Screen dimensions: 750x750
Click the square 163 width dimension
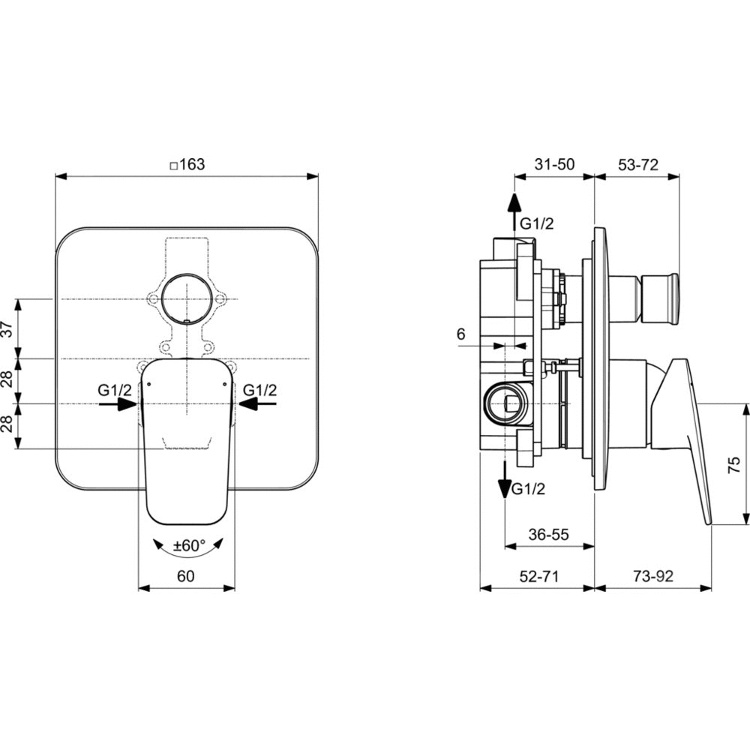[187, 164]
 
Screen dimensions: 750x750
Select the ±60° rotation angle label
[189, 545]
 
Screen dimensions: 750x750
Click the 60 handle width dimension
[185, 576]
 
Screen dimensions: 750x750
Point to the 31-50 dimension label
[554, 164]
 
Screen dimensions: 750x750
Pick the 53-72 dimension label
[638, 164]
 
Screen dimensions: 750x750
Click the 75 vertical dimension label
[733, 464]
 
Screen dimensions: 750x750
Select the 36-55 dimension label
[549, 534]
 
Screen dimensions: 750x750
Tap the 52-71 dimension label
[539, 576]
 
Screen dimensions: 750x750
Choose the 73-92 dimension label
[653, 576]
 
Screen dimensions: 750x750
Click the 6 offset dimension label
[460, 334]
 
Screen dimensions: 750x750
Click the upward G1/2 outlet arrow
[514, 212]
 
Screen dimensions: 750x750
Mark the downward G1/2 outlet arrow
[505, 479]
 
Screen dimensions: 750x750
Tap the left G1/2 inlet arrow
[118, 404]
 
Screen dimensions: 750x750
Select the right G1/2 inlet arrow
[257, 404]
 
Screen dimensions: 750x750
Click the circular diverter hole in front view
[185, 298]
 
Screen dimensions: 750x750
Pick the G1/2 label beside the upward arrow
[537, 223]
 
